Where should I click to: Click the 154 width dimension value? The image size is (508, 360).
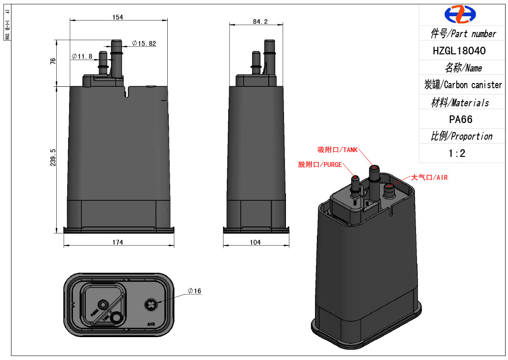tap(118, 17)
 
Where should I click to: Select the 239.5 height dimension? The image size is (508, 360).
tap(53, 157)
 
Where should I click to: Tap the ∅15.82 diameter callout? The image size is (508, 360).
tap(144, 43)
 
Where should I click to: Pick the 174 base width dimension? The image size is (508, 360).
tap(118, 242)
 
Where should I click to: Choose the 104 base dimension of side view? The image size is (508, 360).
tap(255, 242)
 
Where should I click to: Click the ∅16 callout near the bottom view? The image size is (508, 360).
tap(194, 291)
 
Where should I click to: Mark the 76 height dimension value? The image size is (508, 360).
tap(53, 61)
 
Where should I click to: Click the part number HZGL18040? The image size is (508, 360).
tap(459, 51)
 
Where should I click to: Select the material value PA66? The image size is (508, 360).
tap(461, 119)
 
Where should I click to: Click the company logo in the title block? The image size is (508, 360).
tap(460, 14)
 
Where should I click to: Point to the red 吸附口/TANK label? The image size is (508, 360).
tap(337, 150)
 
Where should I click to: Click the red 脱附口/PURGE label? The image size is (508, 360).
tap(320, 165)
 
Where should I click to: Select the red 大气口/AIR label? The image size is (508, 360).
tap(429, 177)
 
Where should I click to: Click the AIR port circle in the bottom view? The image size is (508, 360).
tap(151, 305)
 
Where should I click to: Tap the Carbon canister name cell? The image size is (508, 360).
tap(463, 85)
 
